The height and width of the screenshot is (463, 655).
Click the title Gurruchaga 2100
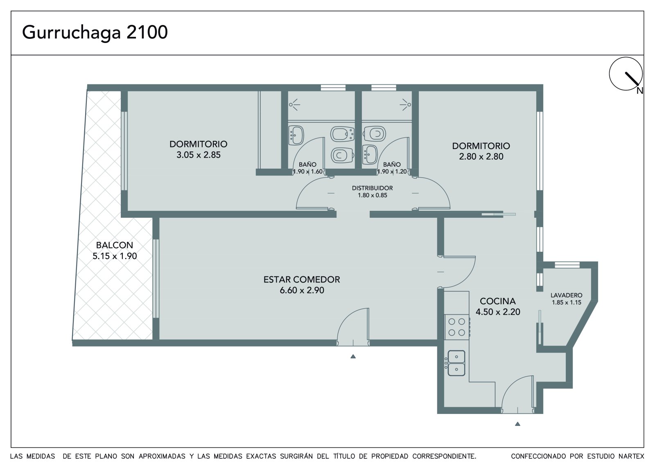click(x=95, y=32)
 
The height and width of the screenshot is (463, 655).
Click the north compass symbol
click(x=626, y=74)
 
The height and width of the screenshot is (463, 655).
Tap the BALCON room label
click(x=115, y=245)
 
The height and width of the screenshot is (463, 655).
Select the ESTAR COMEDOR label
click(x=302, y=279)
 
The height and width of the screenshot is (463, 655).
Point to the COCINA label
click(x=498, y=301)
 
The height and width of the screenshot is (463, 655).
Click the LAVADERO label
click(x=567, y=295)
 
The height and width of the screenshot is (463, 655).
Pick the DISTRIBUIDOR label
click(x=372, y=188)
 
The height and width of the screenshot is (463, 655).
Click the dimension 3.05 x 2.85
click(x=198, y=155)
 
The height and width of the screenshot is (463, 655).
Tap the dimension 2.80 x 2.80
click(x=481, y=156)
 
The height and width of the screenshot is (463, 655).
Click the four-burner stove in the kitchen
click(x=457, y=327)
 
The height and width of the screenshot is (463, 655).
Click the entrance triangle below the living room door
click(x=353, y=356)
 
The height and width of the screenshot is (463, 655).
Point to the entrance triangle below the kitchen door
click(x=517, y=424)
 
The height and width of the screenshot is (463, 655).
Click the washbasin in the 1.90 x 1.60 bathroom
click(x=296, y=135)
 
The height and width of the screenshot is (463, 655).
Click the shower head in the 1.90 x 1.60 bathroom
click(x=294, y=104)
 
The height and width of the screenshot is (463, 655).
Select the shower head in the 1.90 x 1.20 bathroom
click(x=405, y=104)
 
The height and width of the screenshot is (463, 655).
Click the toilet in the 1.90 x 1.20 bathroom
click(x=375, y=134)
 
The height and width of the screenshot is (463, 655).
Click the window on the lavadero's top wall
click(x=567, y=265)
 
